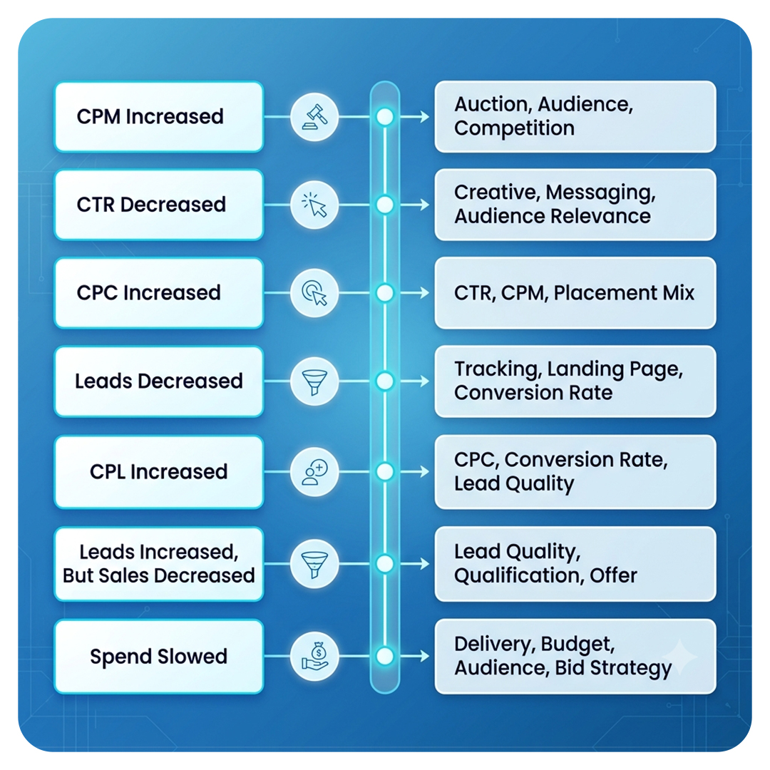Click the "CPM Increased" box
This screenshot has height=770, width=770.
pos(158,117)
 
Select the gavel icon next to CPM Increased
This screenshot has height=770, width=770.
pos(314,117)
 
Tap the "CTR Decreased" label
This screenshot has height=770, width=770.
pos(151,205)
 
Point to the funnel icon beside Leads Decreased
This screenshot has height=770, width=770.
pos(314,381)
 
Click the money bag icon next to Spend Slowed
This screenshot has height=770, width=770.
pos(314,657)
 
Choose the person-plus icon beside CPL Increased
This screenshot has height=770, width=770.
pos(314,472)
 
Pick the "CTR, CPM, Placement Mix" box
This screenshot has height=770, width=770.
pos(575,293)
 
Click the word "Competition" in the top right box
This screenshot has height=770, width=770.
pos(514,128)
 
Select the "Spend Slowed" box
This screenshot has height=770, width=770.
pos(158,657)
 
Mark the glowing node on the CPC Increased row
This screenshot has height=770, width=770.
pos(385,293)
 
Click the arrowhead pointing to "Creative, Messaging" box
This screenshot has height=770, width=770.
pos(424,205)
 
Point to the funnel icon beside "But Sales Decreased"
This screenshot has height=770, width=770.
pos(314,564)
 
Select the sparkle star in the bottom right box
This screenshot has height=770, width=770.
pos(680,657)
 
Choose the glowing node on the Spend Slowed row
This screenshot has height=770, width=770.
pos(385,657)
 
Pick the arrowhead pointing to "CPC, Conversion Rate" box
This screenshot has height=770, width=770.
pos(424,472)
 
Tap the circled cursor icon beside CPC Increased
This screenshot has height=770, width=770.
pos(314,293)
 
